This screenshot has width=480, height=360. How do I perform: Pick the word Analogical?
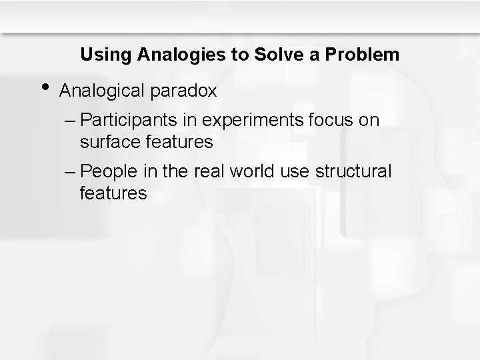tap(102, 91)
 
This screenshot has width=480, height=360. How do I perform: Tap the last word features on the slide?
tap(113, 194)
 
